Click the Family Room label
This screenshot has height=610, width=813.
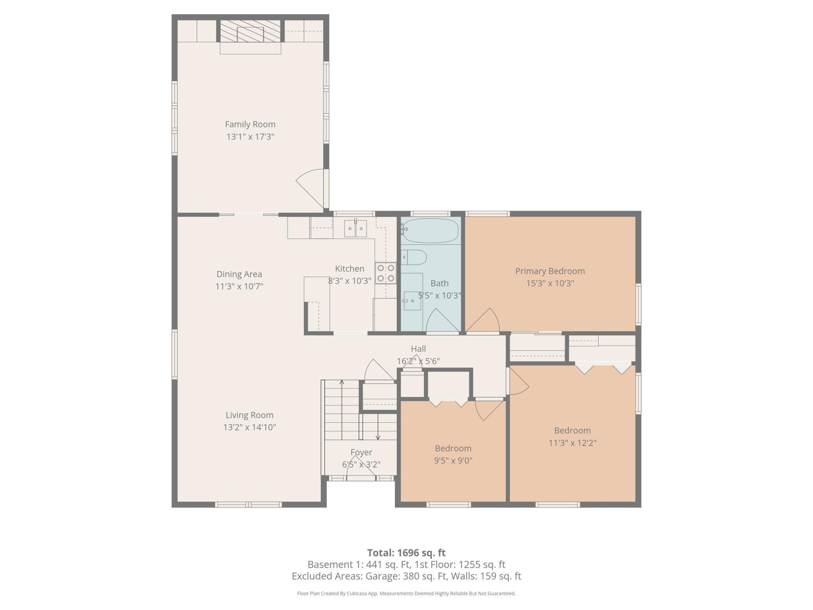tap(250, 124)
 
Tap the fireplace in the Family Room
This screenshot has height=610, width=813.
tap(250, 31)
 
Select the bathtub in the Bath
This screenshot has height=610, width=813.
tap(430, 231)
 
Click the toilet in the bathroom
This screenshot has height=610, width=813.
tap(414, 257)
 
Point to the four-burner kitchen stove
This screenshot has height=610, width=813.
tap(385, 273)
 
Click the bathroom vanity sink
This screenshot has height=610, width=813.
tap(412, 301)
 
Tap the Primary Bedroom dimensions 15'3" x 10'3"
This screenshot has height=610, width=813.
tap(550, 283)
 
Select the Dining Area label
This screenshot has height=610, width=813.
tap(239, 274)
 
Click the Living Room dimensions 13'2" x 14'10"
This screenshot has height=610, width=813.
tap(250, 427)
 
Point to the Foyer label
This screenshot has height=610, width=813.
tap(361, 452)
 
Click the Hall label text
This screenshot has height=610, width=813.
tap(418, 349)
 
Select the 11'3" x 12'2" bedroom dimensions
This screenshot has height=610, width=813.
tap(573, 443)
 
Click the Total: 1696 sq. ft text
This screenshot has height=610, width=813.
tap(406, 553)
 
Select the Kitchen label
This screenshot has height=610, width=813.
tap(349, 269)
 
